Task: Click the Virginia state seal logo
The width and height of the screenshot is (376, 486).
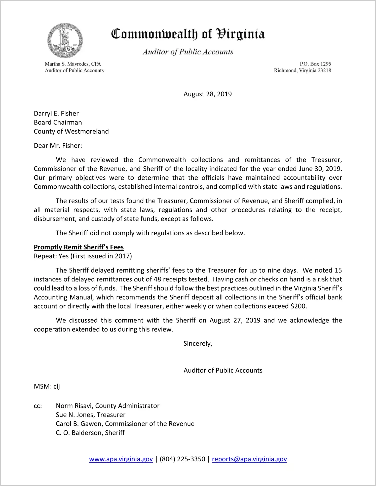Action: point(65,41)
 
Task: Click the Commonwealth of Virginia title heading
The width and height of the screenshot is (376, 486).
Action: point(188,34)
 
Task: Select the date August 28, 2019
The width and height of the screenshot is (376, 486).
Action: point(207,94)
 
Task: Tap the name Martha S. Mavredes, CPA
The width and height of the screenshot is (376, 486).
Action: point(73,64)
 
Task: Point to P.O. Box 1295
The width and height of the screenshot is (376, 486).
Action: point(315,64)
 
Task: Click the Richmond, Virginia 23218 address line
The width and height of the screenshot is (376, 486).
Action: point(302,70)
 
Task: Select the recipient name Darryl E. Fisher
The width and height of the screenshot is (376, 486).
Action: point(56,114)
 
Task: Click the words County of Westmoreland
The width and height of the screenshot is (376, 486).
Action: point(71,131)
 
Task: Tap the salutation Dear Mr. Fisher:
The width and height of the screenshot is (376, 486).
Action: point(58,146)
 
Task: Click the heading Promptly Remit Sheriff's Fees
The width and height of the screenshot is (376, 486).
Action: point(79,247)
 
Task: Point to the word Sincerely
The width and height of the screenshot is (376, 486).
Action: point(198,344)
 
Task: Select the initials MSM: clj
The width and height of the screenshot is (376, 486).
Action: point(47,387)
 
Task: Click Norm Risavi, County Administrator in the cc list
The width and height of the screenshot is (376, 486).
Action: point(107,406)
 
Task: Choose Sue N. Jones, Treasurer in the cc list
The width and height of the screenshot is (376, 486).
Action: point(90,415)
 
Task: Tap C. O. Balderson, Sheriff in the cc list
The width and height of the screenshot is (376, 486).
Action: point(90,433)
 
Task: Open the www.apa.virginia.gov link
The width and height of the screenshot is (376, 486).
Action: point(121,459)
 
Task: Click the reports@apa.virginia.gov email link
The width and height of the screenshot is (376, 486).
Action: point(249,459)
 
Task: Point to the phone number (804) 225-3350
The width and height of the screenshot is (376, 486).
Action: point(182,459)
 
